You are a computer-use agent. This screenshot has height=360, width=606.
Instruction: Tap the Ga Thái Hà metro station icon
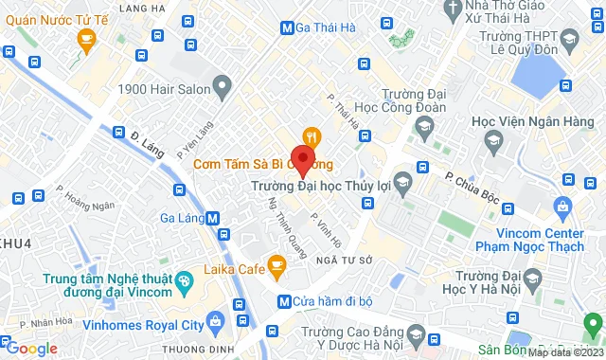click(x=287, y=27)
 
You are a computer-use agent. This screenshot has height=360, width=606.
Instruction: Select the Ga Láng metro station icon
click(x=213, y=217)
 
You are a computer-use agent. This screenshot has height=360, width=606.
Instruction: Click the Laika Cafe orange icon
click(x=276, y=268)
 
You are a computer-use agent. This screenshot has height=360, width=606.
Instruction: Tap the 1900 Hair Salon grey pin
click(x=223, y=89)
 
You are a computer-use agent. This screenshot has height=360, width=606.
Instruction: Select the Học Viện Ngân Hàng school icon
click(x=492, y=143)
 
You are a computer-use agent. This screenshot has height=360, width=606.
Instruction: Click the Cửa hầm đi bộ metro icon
click(x=283, y=301)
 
